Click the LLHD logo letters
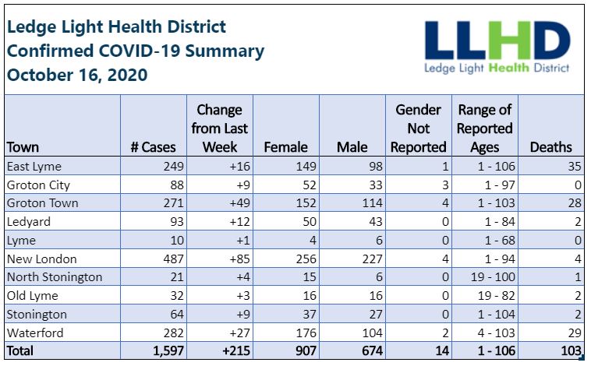click(x=497, y=40)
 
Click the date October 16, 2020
click(x=77, y=75)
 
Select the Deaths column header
click(x=550, y=147)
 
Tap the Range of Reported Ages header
click(x=484, y=128)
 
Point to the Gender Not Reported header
click(x=419, y=128)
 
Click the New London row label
click(x=42, y=259)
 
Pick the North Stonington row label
click(x=55, y=277)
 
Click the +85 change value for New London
click(x=239, y=259)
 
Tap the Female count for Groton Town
click(x=306, y=203)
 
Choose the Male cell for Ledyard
click(x=375, y=221)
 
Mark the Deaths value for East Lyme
click(x=575, y=166)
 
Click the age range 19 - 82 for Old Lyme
click(x=497, y=296)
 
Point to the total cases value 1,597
click(x=168, y=351)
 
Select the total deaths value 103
click(x=571, y=351)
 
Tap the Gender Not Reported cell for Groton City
click(x=445, y=185)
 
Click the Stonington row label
click(x=37, y=315)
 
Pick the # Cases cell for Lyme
click(x=177, y=240)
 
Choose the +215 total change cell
click(x=236, y=351)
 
